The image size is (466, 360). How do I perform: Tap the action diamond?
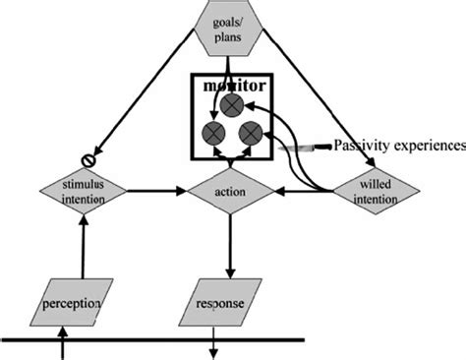point(230,191)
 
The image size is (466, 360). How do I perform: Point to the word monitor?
point(230,87)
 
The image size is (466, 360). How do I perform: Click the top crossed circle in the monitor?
point(233,104)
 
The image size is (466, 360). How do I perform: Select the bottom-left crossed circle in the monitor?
point(210,133)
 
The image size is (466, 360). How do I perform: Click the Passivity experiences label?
point(398,147)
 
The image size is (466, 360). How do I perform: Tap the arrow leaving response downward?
point(215,347)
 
